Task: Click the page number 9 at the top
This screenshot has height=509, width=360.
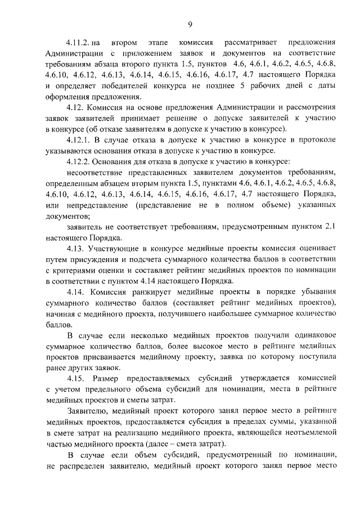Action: (x=190, y=23)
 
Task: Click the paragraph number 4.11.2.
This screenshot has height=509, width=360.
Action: (x=77, y=42)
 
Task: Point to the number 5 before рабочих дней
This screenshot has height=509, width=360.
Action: (x=242, y=86)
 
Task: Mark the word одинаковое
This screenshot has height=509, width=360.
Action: (x=310, y=336)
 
